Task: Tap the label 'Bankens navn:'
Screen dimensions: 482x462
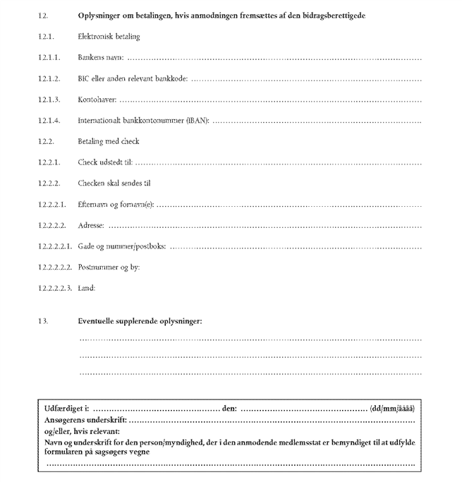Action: (x=101, y=57)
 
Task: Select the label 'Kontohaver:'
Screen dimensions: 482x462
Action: (x=97, y=100)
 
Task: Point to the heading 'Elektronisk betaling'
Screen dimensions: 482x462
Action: (x=109, y=36)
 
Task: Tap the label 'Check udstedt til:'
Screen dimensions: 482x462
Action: (x=104, y=162)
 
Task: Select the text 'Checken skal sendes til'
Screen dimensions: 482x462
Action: (x=114, y=183)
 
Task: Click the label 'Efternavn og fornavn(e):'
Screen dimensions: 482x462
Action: (x=116, y=205)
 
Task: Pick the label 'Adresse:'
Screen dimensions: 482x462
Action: (x=91, y=226)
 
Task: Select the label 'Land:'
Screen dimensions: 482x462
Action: (x=86, y=288)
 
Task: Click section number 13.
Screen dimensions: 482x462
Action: (x=44, y=321)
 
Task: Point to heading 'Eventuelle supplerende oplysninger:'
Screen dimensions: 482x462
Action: (x=140, y=321)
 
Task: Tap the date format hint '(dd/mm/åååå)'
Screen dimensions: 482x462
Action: (x=392, y=409)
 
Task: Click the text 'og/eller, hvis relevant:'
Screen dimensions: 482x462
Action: (x=82, y=431)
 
